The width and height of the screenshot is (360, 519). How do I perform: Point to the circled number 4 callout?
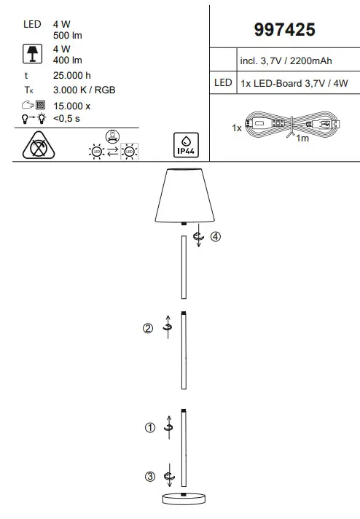tap(215, 236)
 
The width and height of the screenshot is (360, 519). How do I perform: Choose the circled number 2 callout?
tap(148, 328)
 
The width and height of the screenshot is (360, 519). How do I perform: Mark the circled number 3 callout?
tap(150, 477)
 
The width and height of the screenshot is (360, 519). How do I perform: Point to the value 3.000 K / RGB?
tap(85, 90)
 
